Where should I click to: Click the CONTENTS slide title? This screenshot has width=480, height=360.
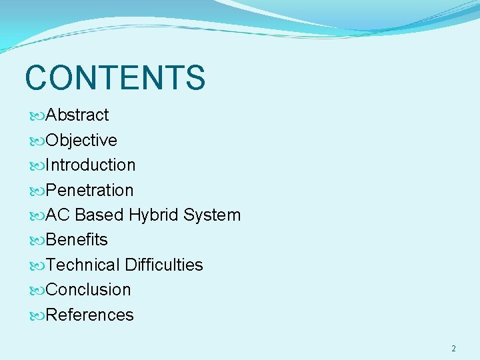[x=115, y=77]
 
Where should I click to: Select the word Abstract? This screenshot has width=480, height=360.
[x=77, y=115]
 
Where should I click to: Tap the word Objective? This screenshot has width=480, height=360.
[x=81, y=141]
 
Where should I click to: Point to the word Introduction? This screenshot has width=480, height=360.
[x=91, y=165]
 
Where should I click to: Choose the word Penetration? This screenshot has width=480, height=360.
[x=90, y=191]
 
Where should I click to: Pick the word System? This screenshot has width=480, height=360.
[x=212, y=215]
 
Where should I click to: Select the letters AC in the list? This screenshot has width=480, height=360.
[x=59, y=215]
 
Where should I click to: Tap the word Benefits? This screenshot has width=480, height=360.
[x=77, y=240]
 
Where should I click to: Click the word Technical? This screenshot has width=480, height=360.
[x=84, y=265]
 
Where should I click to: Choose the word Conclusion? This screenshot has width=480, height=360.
[x=89, y=290]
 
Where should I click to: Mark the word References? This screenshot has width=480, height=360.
[x=90, y=315]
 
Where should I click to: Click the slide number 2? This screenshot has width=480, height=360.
[x=453, y=349]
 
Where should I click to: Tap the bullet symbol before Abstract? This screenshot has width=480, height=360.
[x=37, y=116]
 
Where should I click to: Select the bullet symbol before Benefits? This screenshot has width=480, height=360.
[x=37, y=241]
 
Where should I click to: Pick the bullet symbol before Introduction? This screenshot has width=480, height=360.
[x=37, y=166]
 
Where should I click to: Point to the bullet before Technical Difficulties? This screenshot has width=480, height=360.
[x=37, y=266]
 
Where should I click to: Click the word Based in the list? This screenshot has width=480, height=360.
[x=100, y=215]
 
